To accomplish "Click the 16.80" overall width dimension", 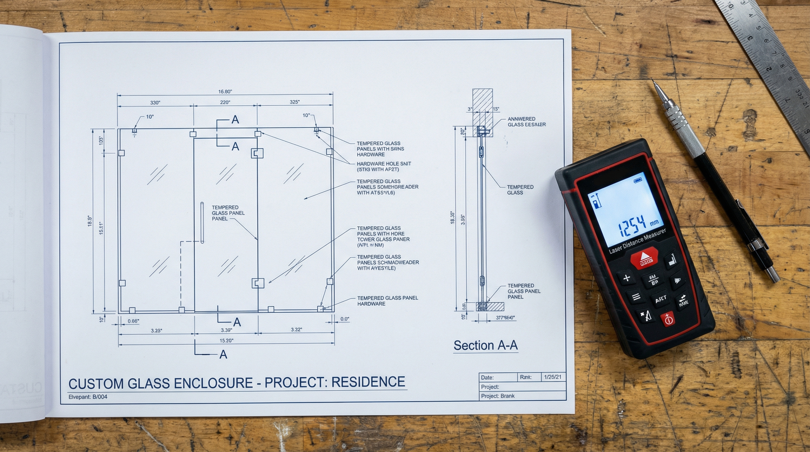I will [x=225, y=92].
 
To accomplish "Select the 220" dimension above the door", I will [x=225, y=102].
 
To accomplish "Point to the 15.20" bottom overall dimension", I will [x=226, y=341].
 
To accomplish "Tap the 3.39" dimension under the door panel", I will [x=226, y=330].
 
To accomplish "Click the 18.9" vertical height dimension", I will [x=90, y=221].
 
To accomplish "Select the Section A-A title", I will [x=485, y=345].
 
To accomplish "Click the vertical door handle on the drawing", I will [x=202, y=222].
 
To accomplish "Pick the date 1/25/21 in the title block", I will [x=552, y=377].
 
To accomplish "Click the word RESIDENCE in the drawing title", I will [x=368, y=382].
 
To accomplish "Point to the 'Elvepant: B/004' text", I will [x=88, y=397].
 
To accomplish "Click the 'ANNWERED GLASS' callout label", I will [x=526, y=122].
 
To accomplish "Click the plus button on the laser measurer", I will [x=627, y=278].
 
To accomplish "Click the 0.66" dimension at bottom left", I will [x=133, y=321].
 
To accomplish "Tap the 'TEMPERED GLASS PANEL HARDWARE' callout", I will [x=387, y=301].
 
